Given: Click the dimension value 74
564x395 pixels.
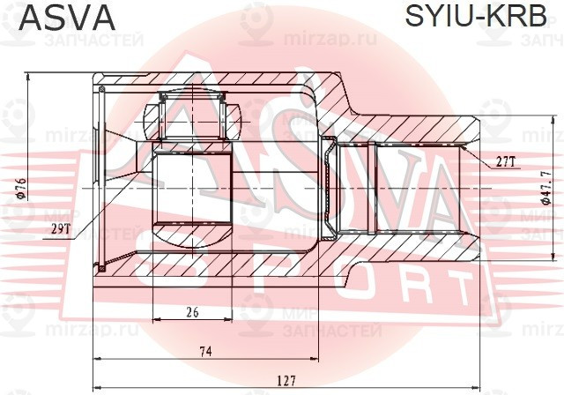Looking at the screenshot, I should [x=205, y=351].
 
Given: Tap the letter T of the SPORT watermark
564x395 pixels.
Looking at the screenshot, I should [x=457, y=287].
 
